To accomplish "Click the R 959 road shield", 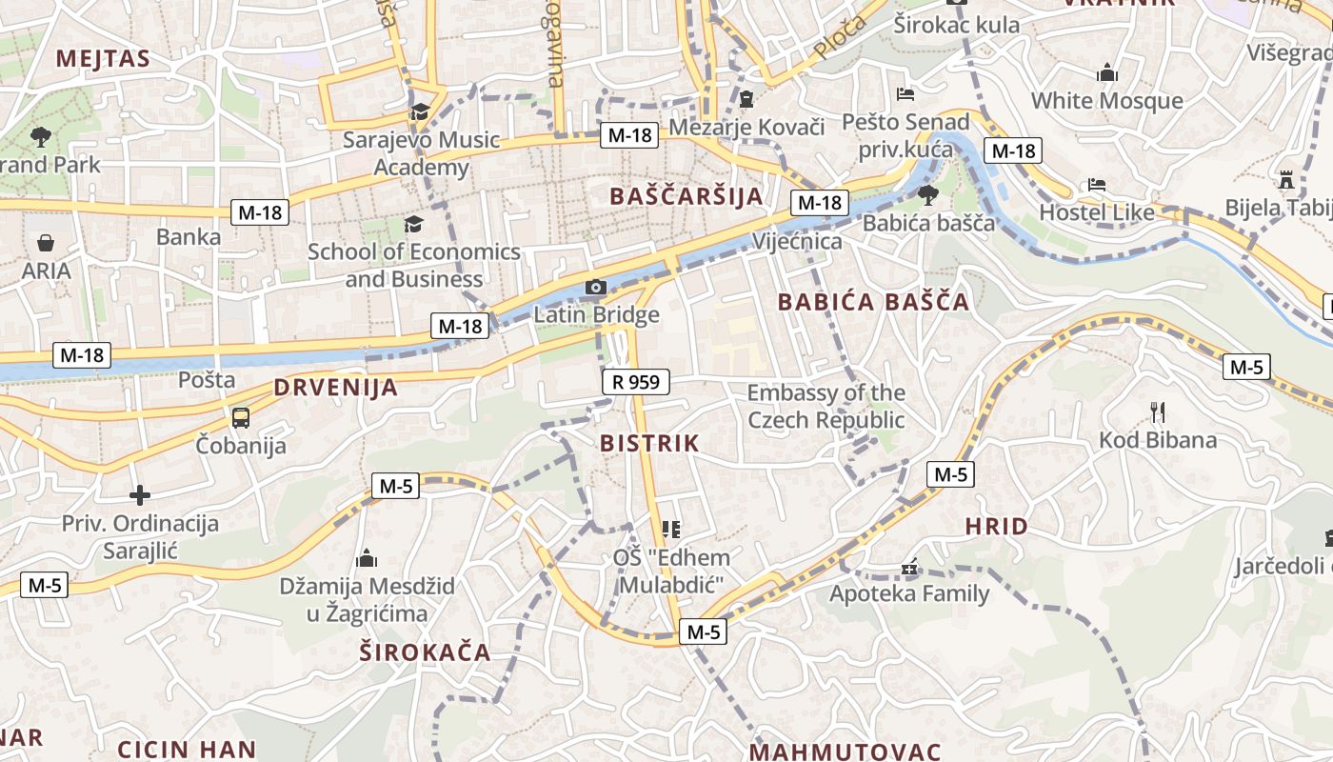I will [636, 383].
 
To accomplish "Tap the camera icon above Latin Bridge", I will [596, 287].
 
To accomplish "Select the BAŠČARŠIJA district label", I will [686, 196].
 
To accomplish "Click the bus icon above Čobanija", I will [241, 417].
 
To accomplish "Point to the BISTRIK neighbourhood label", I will [649, 443].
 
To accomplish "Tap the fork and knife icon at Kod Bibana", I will [1158, 412].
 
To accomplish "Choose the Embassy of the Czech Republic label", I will [826, 406].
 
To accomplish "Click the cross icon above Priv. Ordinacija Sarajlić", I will [140, 495].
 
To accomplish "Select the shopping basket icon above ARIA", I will [46, 244].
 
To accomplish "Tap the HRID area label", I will [997, 526].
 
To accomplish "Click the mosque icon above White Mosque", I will [1106, 73].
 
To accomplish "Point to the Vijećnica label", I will [797, 241].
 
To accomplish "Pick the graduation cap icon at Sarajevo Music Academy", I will [420, 112].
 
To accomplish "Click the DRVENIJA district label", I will [336, 388].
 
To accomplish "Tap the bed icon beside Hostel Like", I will [1097, 185].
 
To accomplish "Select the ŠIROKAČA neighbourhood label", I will [425, 652].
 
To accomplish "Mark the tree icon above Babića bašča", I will [927, 195].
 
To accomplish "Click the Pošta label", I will [207, 379].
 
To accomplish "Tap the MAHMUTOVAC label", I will [845, 752].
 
